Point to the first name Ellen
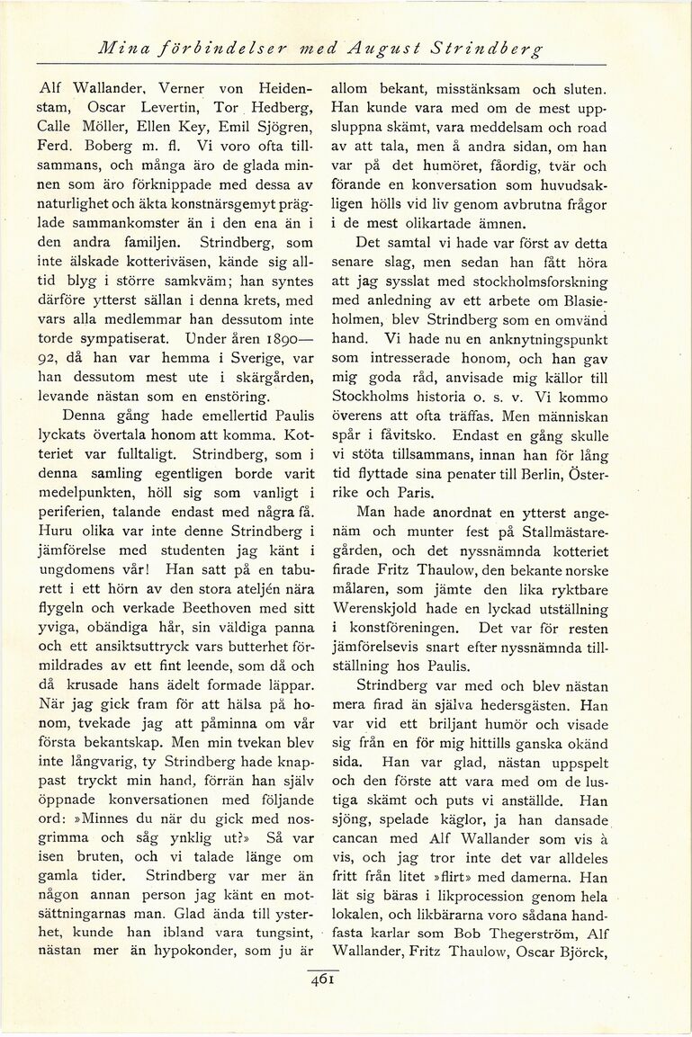tap(161, 127)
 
